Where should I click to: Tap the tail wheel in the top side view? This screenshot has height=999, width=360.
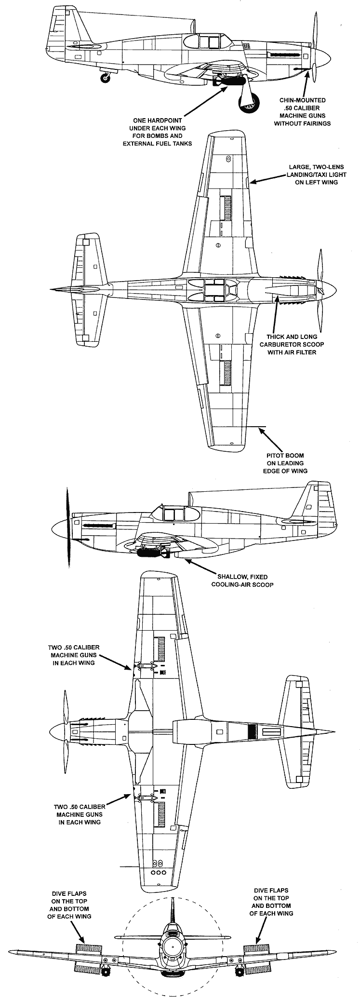[104, 78]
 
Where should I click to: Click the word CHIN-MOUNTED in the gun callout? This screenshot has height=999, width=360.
[299, 101]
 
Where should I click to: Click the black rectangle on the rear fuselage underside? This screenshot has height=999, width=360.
[251, 732]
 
